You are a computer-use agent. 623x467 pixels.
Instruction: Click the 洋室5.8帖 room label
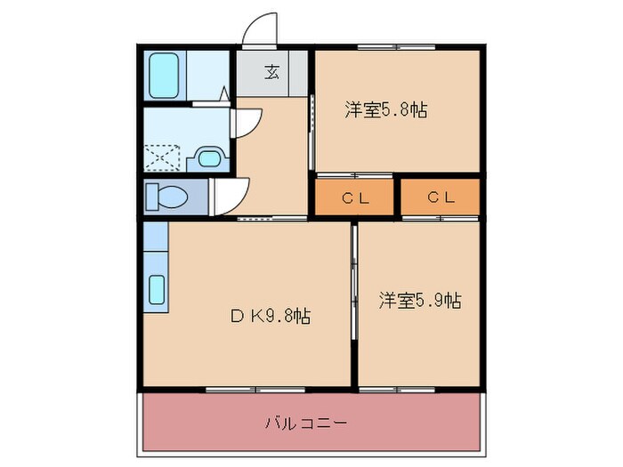pos(385,110)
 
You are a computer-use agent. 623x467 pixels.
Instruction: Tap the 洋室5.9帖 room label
pos(419,300)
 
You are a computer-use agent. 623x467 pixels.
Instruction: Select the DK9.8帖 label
pos(271,316)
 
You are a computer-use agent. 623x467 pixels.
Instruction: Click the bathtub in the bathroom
pos(163,76)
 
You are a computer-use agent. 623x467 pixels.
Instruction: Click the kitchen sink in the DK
pos(157,289)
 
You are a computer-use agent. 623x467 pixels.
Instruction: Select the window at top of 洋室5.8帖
pos(397,45)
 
